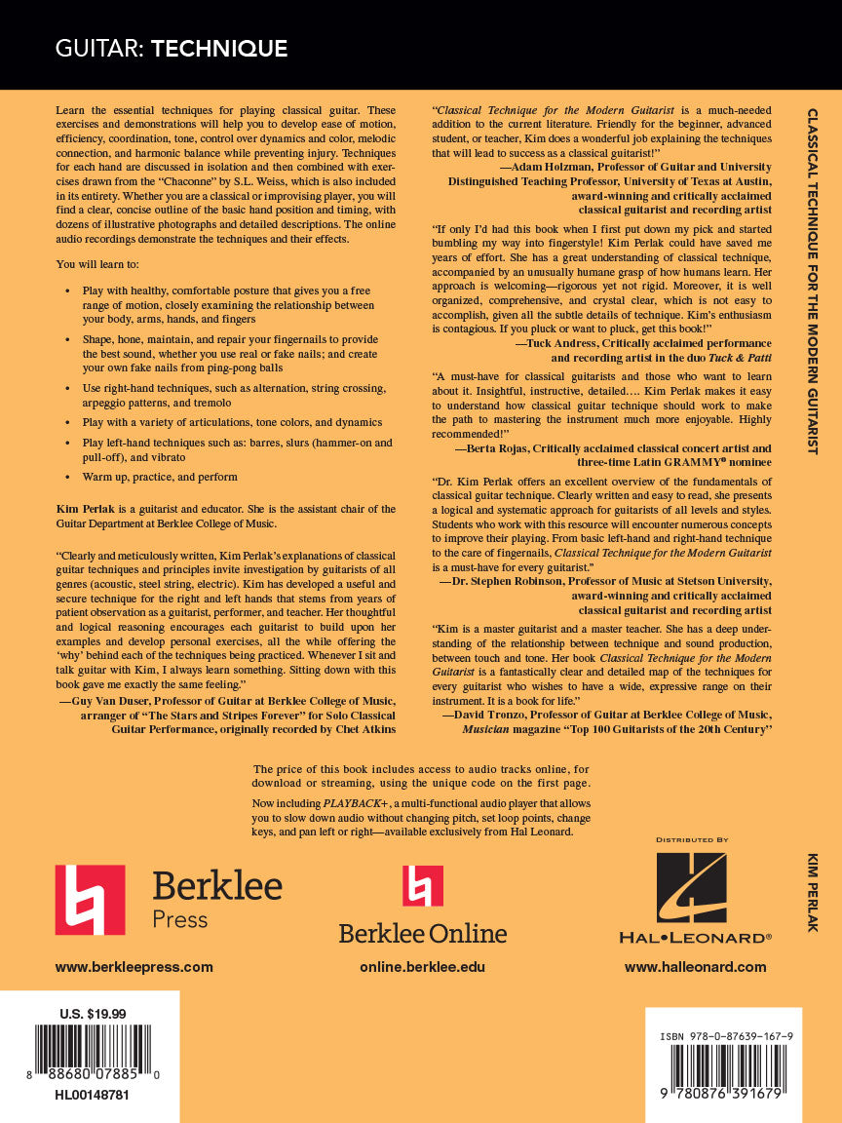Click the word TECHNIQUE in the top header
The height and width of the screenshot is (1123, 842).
pos(219,48)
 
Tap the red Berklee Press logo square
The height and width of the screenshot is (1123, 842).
pos(90,900)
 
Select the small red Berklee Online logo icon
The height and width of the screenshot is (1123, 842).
pos(423,886)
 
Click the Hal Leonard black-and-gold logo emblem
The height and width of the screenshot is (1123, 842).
pos(691,889)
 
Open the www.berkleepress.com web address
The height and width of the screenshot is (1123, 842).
pos(134,967)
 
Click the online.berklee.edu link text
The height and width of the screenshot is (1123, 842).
pos(422,967)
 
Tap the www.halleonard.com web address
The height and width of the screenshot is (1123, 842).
pos(695,967)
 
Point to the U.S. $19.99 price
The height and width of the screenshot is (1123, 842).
pos(93,1014)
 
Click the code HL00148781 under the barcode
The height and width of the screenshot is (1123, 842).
pos(93,1095)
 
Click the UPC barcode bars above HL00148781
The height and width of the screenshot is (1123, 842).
pos(93,1048)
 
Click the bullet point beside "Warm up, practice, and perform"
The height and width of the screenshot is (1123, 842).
pos(67,478)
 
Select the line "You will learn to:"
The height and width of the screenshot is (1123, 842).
pos(95,264)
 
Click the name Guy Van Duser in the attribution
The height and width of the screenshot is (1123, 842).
pos(116,700)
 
